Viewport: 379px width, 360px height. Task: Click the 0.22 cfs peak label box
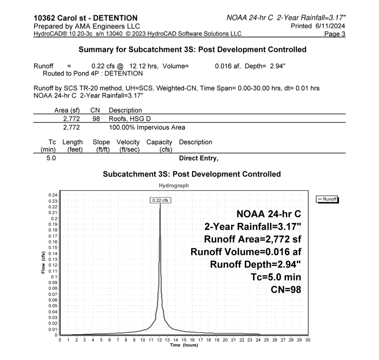pyautogui.click(x=161, y=200)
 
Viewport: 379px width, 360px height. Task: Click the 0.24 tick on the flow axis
pyautogui.click(x=53, y=195)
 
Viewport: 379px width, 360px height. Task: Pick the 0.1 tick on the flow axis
pyautogui.click(x=54, y=276)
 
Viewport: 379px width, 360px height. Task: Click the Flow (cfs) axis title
pyautogui.click(x=43, y=262)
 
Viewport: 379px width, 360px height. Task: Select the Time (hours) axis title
pyautogui.click(x=184, y=345)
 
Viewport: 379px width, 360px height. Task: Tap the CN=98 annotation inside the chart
pyautogui.click(x=285, y=290)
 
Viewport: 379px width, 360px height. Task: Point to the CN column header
pyautogui.click(x=95, y=110)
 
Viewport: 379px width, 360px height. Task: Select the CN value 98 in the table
pyautogui.click(x=96, y=119)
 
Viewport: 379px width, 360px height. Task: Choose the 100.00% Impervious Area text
pyautogui.click(x=147, y=128)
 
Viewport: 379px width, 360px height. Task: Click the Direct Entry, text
pyautogui.click(x=198, y=159)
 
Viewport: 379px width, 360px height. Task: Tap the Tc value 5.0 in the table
pyautogui.click(x=51, y=159)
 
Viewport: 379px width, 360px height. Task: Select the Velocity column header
pyautogui.click(x=128, y=142)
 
